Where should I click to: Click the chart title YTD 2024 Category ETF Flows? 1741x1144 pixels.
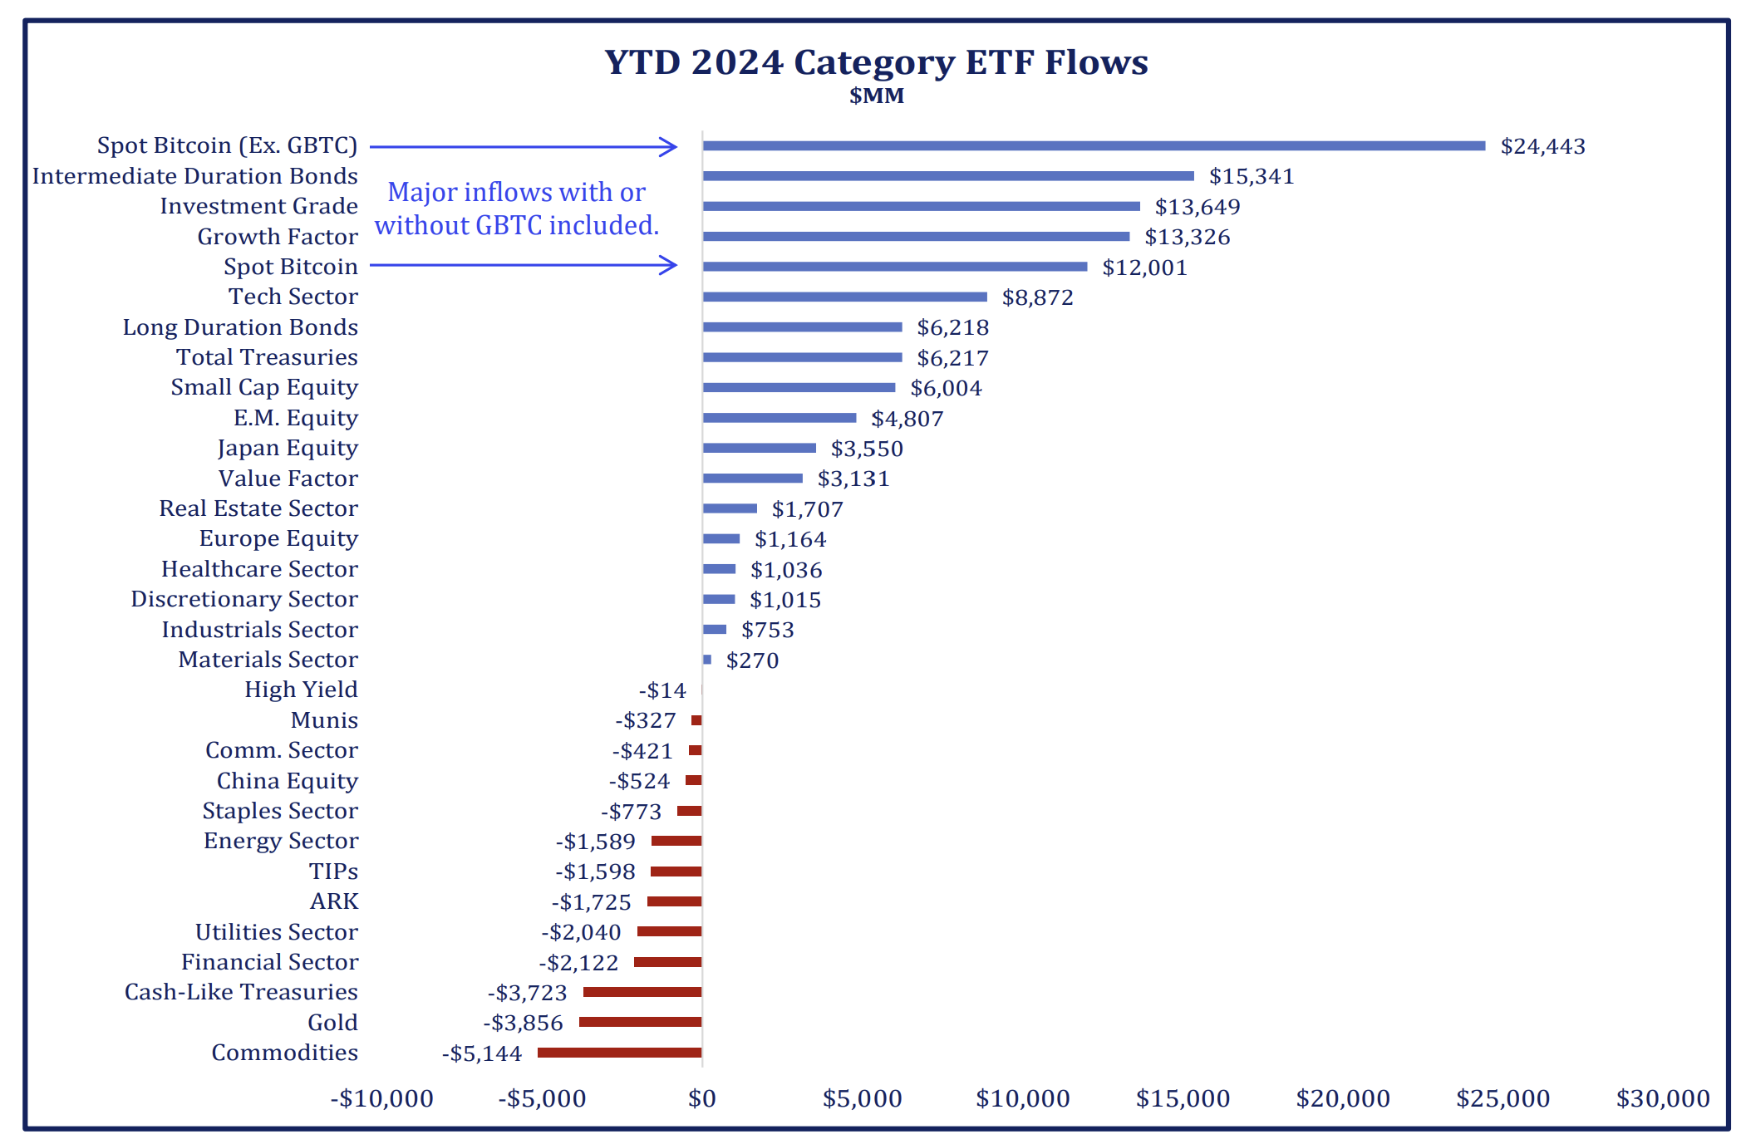click(x=876, y=62)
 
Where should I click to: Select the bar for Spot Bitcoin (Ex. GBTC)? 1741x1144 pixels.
click(x=1094, y=146)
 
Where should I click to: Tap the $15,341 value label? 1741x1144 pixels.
click(x=1252, y=176)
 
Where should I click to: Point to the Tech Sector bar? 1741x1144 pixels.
click(x=844, y=297)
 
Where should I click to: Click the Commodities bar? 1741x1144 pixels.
click(x=619, y=1053)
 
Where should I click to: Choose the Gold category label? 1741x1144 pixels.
click(x=332, y=1023)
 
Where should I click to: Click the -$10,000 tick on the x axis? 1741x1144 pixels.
click(x=382, y=1098)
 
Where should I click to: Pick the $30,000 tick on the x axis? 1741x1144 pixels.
click(x=1663, y=1098)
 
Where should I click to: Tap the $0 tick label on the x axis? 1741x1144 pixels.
click(x=702, y=1098)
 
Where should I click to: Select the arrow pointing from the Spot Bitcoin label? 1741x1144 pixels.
click(x=524, y=266)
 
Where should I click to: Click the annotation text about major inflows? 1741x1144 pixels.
click(x=516, y=209)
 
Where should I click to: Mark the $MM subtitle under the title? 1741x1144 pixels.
click(x=876, y=96)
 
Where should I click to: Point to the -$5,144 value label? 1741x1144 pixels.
click(x=482, y=1053)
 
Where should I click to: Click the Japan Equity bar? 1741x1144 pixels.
click(x=759, y=448)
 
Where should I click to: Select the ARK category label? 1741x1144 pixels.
click(x=334, y=901)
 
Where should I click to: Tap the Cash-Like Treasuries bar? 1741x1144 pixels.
click(x=642, y=992)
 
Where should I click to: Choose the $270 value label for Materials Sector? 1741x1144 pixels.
click(x=752, y=660)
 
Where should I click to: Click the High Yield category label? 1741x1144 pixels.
click(x=301, y=690)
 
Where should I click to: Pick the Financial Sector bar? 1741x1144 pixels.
click(x=667, y=962)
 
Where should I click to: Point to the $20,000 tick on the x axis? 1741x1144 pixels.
click(x=1343, y=1098)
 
